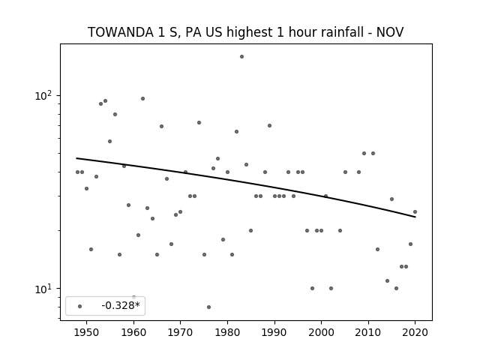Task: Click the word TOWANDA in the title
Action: click(121, 32)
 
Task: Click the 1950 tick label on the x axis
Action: click(87, 332)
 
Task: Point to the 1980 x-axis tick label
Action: click(227, 332)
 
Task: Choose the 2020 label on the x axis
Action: click(415, 332)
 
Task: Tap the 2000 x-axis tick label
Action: click(321, 332)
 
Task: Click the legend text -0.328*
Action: click(121, 305)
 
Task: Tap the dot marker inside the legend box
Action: click(80, 306)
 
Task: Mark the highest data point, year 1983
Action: click(241, 57)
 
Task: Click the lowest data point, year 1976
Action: click(208, 307)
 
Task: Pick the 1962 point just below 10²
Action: click(142, 98)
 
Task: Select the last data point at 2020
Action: click(415, 211)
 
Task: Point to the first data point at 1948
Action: click(77, 172)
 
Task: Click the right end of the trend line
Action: click(415, 217)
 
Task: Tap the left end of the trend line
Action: click(76, 158)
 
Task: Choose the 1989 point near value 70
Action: click(270, 125)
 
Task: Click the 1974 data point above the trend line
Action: click(199, 123)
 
